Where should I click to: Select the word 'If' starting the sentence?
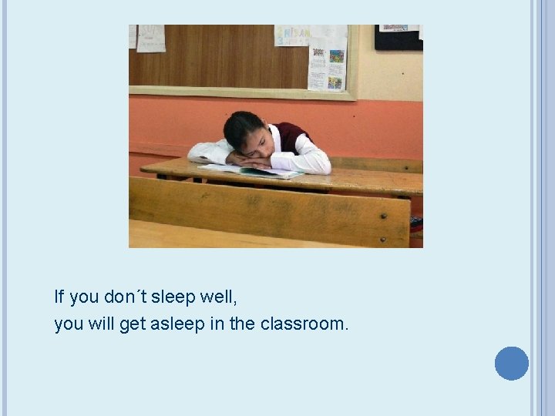point(59,297)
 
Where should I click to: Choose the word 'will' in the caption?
point(102,324)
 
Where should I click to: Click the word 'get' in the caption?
point(132,324)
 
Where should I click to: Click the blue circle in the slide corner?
point(511,364)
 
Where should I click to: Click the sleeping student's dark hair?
point(240,127)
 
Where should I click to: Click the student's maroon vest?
point(294,136)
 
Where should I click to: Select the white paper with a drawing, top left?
point(150,38)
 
